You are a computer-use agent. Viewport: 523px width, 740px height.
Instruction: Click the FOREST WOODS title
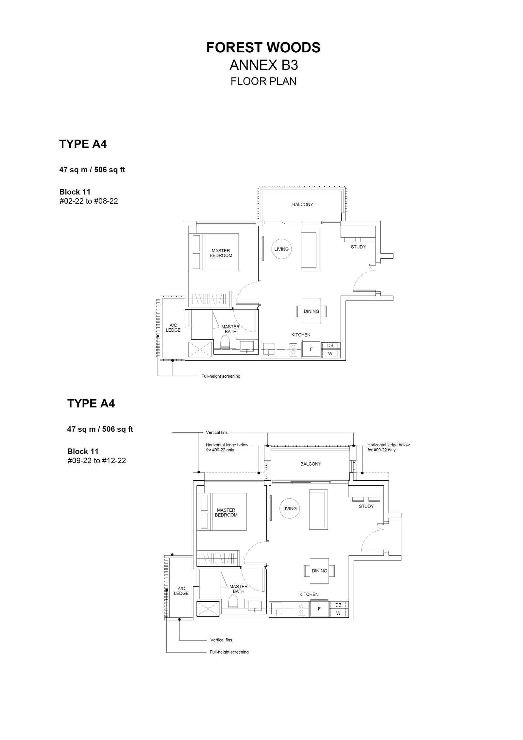pos(263,48)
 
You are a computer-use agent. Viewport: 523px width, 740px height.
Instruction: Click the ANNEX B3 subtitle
pos(263,65)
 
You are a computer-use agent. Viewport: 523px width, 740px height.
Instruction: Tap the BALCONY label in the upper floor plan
pos(302,204)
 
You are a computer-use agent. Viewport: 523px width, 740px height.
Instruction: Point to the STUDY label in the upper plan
pos(358,247)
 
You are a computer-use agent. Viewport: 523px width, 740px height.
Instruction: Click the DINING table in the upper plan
pos(311,311)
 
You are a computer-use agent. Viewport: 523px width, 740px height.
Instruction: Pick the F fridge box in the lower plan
pos(319,609)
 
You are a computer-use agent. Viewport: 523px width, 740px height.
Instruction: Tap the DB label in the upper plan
pos(330,345)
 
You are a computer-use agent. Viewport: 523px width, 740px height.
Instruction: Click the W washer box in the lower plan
pos(339,613)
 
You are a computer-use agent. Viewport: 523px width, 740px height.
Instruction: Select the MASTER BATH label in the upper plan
pos(230,329)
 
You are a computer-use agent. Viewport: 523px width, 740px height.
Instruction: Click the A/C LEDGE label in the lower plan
pos(181,591)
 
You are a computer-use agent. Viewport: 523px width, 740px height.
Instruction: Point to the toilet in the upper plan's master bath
pos(225,342)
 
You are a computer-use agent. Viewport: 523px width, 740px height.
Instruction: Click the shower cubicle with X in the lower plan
pos(208,609)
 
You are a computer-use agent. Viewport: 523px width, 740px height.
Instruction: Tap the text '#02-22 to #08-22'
pos(89,201)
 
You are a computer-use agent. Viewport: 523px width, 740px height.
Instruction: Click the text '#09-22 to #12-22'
pos(96,461)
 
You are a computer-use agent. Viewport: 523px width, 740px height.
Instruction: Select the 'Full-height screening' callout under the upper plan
pos(221,376)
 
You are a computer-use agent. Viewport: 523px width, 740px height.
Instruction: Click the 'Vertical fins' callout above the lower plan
pos(216,432)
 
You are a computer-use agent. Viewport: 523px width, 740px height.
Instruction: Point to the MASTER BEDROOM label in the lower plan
pos(226,512)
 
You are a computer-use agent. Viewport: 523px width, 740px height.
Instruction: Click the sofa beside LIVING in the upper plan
pos(310,250)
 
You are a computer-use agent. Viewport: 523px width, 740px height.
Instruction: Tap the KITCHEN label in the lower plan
pos(309,594)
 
